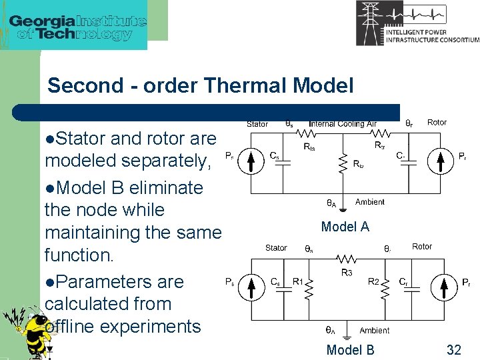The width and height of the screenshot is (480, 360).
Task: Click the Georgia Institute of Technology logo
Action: pos(77,27)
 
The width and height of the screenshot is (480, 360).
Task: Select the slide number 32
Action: pos(453,349)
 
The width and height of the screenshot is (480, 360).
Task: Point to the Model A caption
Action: pos(345,227)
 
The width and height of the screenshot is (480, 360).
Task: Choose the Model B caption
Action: pos(350,349)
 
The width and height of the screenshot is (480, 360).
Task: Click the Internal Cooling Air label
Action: pos(342,124)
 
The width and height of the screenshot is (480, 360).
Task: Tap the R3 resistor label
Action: pos(347,273)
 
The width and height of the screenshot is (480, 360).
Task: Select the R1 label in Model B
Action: pos(299,282)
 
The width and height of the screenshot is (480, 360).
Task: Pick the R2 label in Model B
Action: pos(375,282)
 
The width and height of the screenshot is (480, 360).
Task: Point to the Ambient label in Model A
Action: pos(369,202)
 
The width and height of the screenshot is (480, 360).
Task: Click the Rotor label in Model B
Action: pos(421,247)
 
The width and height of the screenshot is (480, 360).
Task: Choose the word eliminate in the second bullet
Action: pos(165,187)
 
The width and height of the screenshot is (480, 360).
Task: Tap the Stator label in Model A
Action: pos(257,124)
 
